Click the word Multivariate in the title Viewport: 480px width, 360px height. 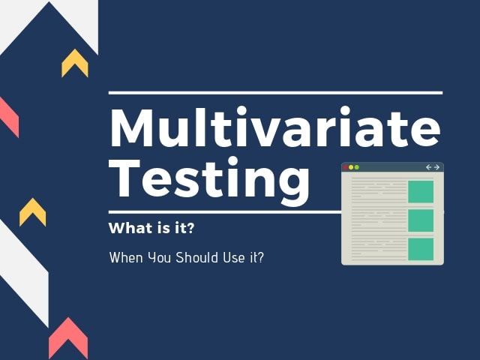275,127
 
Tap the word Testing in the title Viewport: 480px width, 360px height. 210,181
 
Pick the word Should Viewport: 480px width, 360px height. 196,257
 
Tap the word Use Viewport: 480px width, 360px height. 234,257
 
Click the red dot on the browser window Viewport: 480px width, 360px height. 346,167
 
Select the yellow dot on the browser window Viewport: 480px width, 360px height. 351,167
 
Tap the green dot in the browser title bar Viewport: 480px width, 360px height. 357,167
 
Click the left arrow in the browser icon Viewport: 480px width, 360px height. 428,167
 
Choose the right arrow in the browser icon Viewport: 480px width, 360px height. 436,167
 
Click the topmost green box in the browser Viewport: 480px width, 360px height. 421,192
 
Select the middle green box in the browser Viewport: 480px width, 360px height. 421,220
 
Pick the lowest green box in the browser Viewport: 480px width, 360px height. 421,249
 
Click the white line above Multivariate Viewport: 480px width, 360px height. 275,93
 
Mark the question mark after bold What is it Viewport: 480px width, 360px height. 190,228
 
